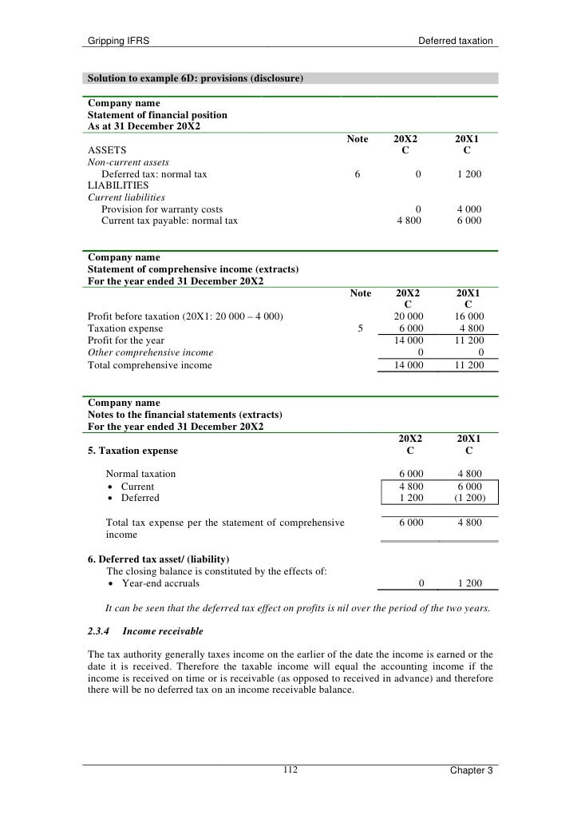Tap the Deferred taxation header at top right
point(455,40)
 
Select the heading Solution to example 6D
point(195,78)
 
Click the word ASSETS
point(105,150)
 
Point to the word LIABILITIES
point(118,185)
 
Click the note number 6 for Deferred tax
point(357,173)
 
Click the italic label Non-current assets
point(128,162)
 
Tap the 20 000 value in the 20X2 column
point(409,316)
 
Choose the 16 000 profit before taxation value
point(468,316)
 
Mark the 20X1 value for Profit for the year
point(468,340)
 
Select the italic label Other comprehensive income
point(150,352)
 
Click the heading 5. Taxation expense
point(132,451)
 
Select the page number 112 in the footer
point(290,769)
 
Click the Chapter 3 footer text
point(471,770)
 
